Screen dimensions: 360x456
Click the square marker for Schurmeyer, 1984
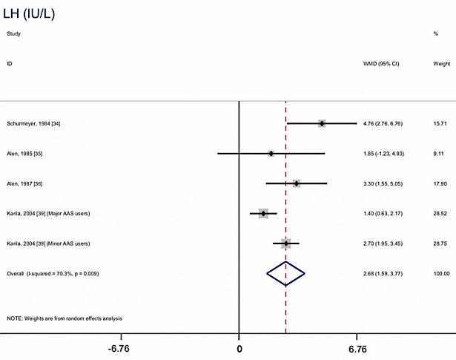pyautogui.click(x=322, y=123)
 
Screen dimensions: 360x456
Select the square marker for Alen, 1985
pyautogui.click(x=271, y=154)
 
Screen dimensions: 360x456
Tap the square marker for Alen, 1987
pyautogui.click(x=297, y=183)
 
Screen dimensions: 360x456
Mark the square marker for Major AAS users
pyautogui.click(x=263, y=214)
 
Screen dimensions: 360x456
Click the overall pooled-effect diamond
pyautogui.click(x=286, y=274)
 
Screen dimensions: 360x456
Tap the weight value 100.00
pyautogui.click(x=441, y=274)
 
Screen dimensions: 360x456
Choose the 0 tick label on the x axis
pyautogui.click(x=239, y=348)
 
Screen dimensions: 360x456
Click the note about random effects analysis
pyautogui.click(x=65, y=318)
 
